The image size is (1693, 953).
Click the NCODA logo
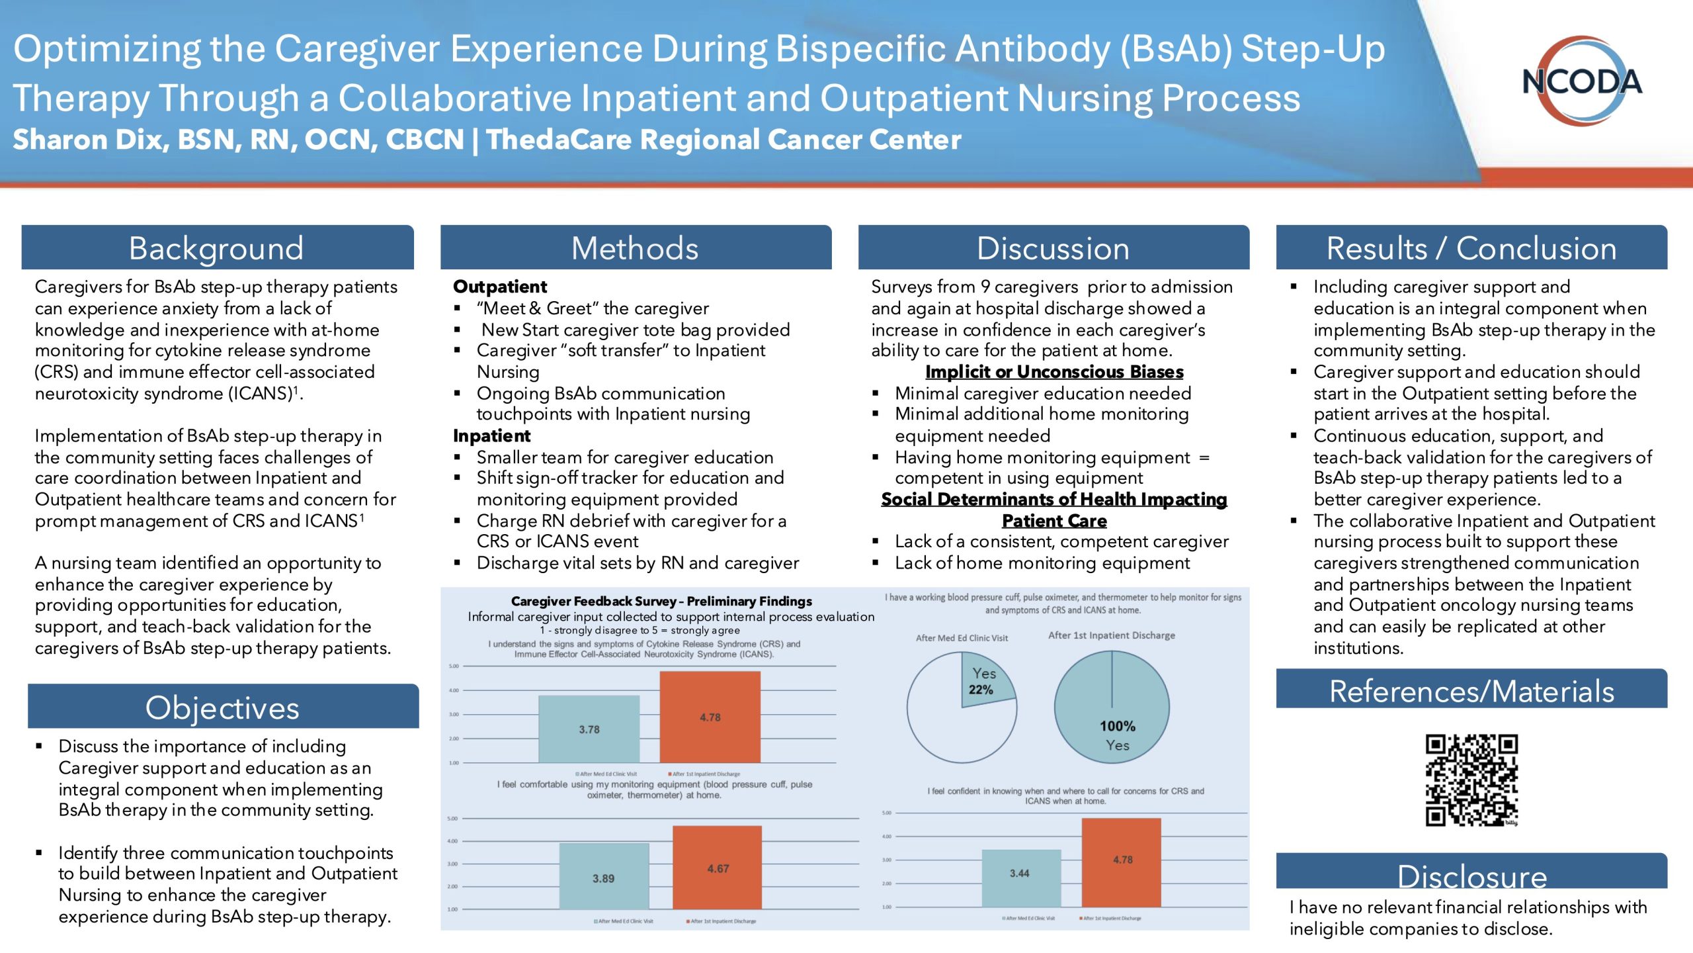tap(1582, 81)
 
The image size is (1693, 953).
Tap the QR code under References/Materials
tap(1471, 780)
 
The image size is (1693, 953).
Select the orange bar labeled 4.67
tap(718, 867)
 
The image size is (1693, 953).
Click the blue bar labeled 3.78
tap(589, 729)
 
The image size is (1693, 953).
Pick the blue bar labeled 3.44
tap(1021, 878)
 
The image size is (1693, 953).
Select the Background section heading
tap(217, 248)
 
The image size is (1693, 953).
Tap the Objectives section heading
tap(223, 707)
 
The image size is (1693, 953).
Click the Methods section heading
tap(635, 248)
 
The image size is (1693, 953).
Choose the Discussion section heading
tap(1053, 248)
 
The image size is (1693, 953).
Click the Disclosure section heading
tap(1472, 875)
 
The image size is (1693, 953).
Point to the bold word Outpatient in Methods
tap(500, 287)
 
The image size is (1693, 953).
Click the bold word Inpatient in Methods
tap(491, 435)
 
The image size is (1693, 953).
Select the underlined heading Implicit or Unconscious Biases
tap(1054, 372)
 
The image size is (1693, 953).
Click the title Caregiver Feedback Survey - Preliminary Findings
tap(661, 601)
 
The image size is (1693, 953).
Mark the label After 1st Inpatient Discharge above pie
tap(1112, 635)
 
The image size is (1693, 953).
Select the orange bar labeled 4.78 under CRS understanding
tap(710, 717)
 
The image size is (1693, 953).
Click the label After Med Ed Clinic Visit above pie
tap(962, 638)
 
